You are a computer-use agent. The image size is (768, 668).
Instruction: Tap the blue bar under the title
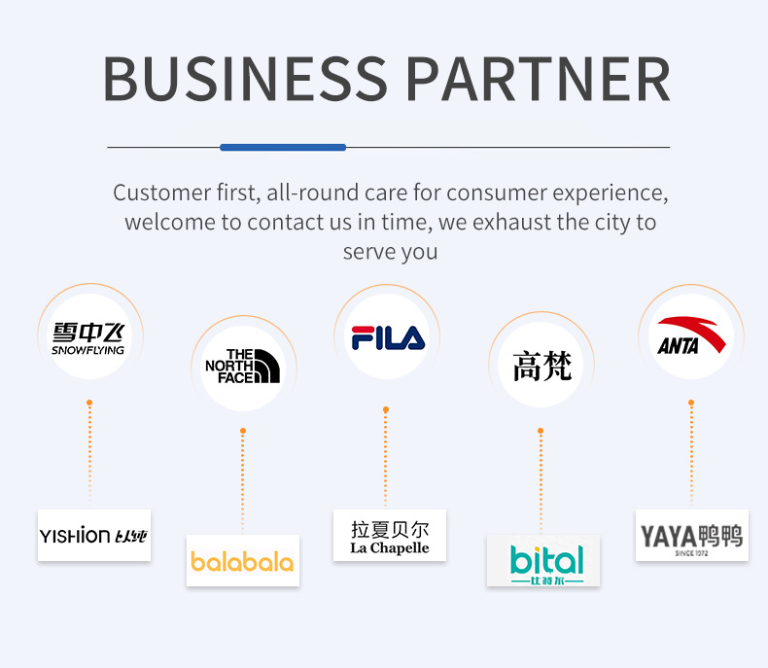coord(283,147)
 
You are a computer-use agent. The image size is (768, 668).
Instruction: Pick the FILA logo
coord(387,337)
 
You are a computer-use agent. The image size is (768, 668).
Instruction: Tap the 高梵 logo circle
coord(541,366)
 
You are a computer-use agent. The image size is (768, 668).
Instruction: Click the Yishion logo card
coord(94,535)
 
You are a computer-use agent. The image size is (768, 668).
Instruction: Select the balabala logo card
coord(242,561)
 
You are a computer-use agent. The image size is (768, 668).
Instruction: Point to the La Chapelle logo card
coord(389,536)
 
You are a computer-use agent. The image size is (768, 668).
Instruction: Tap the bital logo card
coord(543,561)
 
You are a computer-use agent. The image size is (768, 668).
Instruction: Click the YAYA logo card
coord(691,536)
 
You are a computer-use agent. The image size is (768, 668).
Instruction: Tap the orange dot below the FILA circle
coord(386,409)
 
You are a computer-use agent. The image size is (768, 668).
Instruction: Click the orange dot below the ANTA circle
coord(691,402)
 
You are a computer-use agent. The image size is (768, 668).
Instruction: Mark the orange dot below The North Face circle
coord(243,431)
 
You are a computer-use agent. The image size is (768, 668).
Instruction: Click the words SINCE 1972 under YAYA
coord(690,553)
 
